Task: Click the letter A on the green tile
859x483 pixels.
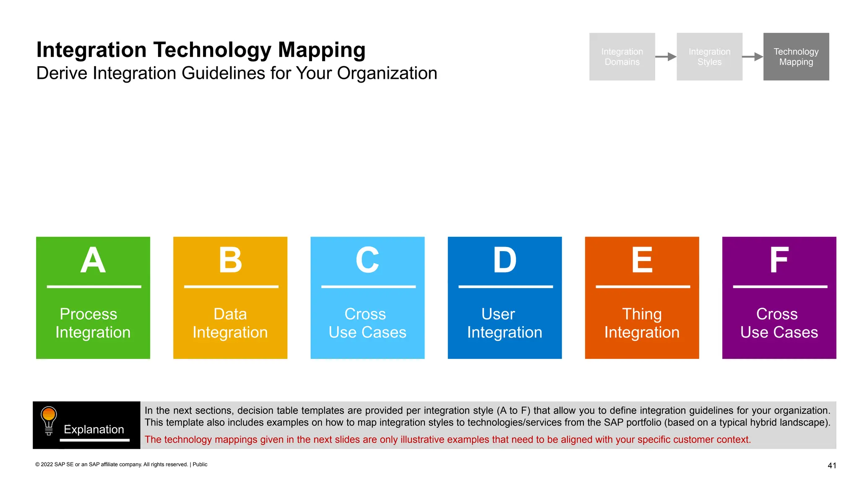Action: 93,260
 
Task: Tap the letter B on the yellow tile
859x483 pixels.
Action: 230,260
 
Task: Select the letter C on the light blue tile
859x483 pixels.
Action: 367,260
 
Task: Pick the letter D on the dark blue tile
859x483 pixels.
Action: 505,260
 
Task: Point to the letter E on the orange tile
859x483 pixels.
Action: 642,260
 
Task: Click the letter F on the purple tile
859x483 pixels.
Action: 779,260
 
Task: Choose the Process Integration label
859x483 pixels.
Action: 93,323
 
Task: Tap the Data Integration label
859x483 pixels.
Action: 230,323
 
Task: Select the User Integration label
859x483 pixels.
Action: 505,323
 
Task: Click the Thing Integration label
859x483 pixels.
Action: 642,323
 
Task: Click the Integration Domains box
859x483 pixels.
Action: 622,57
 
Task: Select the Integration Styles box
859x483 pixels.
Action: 709,57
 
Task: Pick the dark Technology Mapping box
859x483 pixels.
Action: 796,57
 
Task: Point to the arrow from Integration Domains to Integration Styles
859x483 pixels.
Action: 666,57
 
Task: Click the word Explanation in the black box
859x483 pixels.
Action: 94,429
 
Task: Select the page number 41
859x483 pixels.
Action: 832,465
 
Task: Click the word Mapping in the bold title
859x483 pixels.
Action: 322,50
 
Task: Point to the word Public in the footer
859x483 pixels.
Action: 200,465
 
